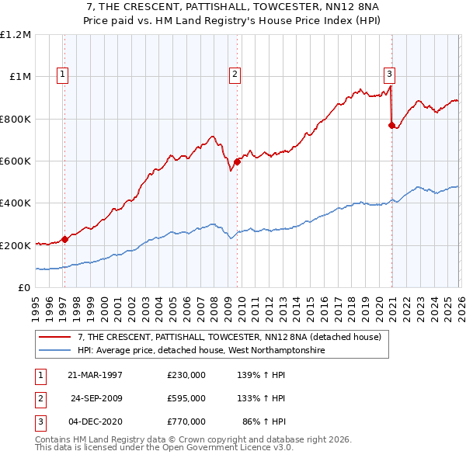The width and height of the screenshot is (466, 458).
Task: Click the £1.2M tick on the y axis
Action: [16, 35]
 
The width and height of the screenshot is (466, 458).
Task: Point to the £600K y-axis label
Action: [16, 161]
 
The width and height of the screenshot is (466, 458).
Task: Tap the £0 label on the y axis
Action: [25, 287]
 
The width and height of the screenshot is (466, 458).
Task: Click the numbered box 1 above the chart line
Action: [62, 75]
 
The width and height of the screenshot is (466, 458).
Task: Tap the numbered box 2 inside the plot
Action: [234, 75]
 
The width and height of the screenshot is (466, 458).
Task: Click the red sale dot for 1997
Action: [65, 239]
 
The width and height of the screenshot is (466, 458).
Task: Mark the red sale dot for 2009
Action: [237, 162]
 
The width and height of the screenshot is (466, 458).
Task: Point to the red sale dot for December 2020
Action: [391, 125]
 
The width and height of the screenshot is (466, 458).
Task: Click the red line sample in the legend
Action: [55, 337]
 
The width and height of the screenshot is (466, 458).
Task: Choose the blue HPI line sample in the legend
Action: [55, 350]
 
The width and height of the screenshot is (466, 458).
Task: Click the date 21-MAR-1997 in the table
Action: [96, 375]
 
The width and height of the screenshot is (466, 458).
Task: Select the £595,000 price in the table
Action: [186, 397]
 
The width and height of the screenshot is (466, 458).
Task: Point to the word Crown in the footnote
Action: [209, 439]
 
